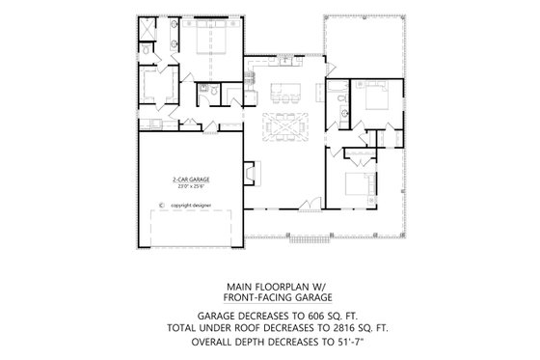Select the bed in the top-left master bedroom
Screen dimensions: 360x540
[211, 41]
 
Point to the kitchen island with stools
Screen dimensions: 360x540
[286, 94]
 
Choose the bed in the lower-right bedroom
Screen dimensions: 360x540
[355, 183]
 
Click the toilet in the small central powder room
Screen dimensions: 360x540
[205, 94]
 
